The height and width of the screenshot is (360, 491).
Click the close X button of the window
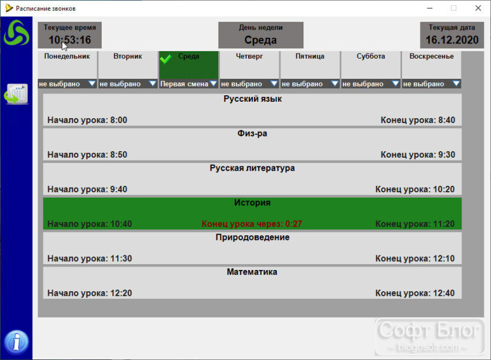pos(478,8)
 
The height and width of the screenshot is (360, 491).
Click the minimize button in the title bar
pos(430,8)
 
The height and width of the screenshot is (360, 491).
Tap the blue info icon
pos(16,342)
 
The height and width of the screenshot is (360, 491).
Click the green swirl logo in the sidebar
pos(16,32)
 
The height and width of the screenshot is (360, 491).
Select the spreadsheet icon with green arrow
pos(16,94)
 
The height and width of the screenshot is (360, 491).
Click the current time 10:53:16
pos(69,40)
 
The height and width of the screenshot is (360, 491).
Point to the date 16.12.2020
pos(452,40)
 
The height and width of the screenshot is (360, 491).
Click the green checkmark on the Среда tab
pos(166,58)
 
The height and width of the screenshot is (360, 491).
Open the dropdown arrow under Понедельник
pos(92,84)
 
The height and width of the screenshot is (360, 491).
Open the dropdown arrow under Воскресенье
pos(456,84)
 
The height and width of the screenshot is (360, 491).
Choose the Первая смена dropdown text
pos(184,84)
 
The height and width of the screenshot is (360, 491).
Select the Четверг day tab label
pos(249,56)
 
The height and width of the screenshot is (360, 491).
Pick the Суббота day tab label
pos(370,56)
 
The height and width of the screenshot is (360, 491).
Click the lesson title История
pos(252,203)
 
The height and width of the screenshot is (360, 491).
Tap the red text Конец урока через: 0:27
pos(252,224)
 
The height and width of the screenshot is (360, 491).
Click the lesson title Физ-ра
pos(252,134)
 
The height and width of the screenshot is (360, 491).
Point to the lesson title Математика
pos(252,272)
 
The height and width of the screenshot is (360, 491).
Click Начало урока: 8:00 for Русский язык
pos(88,120)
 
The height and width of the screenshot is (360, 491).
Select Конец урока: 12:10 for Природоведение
pos(415,258)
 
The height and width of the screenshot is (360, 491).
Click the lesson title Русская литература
pos(252,168)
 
